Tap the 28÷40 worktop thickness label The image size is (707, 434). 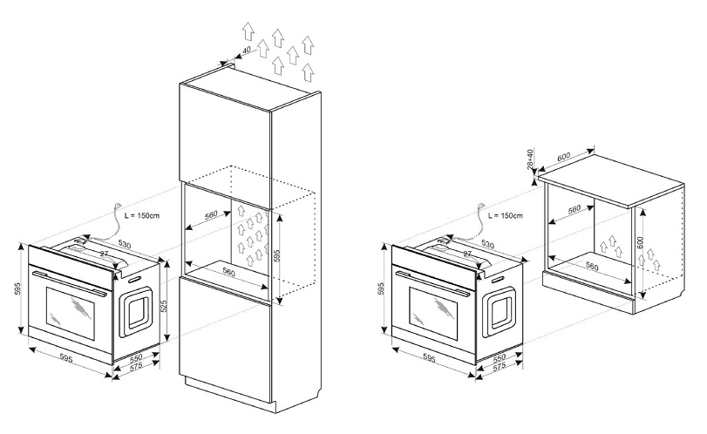[x=530, y=159]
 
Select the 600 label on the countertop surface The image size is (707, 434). [x=564, y=156]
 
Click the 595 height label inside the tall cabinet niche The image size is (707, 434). [x=277, y=255]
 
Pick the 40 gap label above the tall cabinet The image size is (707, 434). [x=246, y=50]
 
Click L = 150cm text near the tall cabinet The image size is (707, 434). [x=141, y=215]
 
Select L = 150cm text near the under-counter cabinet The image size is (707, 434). [x=506, y=215]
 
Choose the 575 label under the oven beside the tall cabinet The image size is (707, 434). [x=136, y=365]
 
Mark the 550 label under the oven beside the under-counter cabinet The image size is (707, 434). [x=500, y=359]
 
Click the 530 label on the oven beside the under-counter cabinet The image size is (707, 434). [x=488, y=244]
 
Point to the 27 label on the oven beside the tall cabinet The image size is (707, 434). [x=104, y=254]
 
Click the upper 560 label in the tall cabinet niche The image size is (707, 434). [x=211, y=214]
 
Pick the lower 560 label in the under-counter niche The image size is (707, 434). [x=592, y=267]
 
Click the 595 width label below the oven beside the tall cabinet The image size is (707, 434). [x=66, y=358]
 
